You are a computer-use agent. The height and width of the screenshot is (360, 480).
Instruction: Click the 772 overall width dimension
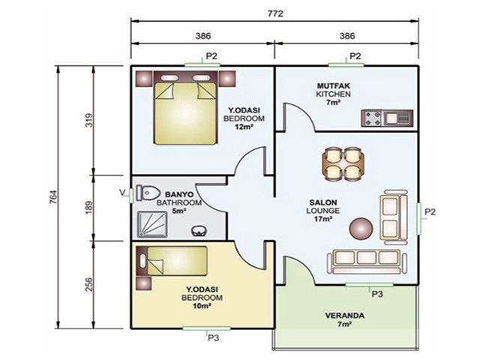(275, 13)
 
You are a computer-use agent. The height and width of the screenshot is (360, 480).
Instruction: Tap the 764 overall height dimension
(53, 197)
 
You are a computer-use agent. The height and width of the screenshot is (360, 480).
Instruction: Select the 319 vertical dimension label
(88, 120)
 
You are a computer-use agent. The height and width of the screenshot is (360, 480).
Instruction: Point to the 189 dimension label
(88, 208)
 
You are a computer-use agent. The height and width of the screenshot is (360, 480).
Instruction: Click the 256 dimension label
(88, 285)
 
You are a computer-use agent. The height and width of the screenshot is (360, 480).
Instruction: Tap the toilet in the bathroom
(148, 193)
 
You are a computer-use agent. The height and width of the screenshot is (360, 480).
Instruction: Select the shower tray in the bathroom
(152, 224)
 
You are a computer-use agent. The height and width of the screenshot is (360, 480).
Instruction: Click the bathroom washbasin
(199, 230)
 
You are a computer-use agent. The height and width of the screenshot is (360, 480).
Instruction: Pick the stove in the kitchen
(372, 118)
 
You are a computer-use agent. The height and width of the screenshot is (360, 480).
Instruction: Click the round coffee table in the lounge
(361, 228)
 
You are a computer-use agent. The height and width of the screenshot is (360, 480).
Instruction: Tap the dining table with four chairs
(343, 163)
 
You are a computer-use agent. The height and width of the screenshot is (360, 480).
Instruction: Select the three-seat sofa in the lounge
(367, 261)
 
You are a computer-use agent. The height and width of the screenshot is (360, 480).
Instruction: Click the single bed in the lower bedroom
(172, 261)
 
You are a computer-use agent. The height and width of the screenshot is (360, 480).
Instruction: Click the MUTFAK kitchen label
(333, 86)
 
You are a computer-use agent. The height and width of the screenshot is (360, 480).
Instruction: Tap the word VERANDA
(344, 316)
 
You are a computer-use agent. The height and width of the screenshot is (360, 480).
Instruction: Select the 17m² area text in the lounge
(323, 219)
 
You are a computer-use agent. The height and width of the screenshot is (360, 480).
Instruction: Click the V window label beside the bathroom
(122, 192)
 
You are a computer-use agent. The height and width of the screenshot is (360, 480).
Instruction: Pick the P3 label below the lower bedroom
(213, 338)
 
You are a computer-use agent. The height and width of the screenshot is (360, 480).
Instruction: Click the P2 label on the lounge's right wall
(430, 212)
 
